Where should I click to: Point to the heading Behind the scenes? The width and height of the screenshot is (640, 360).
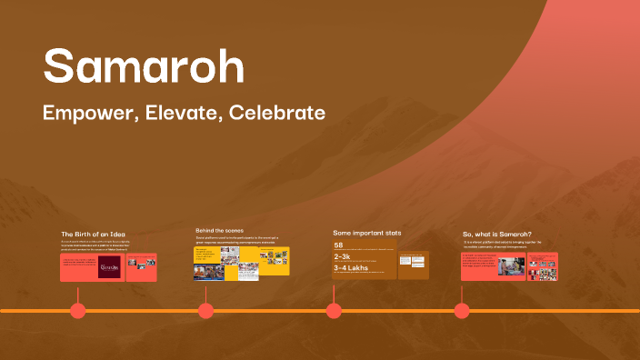click(x=220, y=231)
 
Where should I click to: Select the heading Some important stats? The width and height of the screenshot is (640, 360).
click(x=367, y=233)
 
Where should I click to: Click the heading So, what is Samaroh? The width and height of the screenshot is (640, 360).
click(x=497, y=235)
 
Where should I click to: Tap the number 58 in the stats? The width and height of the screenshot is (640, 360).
click(x=338, y=245)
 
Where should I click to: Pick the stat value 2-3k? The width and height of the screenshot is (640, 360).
click(x=342, y=257)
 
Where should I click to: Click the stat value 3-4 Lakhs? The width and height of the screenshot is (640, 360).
click(x=350, y=268)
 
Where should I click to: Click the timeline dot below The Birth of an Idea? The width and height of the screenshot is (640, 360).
click(x=78, y=311)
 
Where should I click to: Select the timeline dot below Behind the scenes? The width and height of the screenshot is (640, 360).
click(x=206, y=311)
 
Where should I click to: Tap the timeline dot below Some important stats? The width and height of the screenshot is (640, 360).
click(x=334, y=311)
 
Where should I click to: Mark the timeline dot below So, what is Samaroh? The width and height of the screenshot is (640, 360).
click(x=462, y=311)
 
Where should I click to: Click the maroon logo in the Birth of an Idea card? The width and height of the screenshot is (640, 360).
click(x=109, y=266)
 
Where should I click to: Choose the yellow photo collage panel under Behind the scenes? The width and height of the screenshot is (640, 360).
click(x=241, y=263)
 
